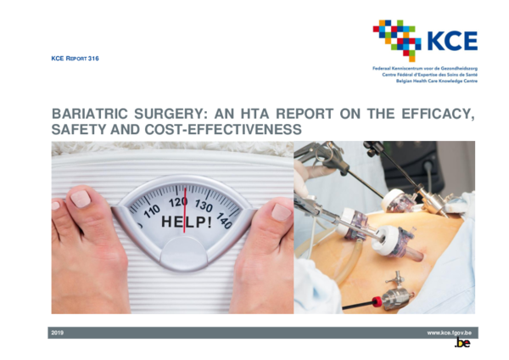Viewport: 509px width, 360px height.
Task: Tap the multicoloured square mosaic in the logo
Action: [397, 37]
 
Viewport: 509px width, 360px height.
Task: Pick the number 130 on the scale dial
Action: [204, 206]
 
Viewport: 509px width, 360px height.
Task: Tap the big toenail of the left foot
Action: [82, 198]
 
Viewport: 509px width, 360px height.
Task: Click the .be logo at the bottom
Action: [462, 344]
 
